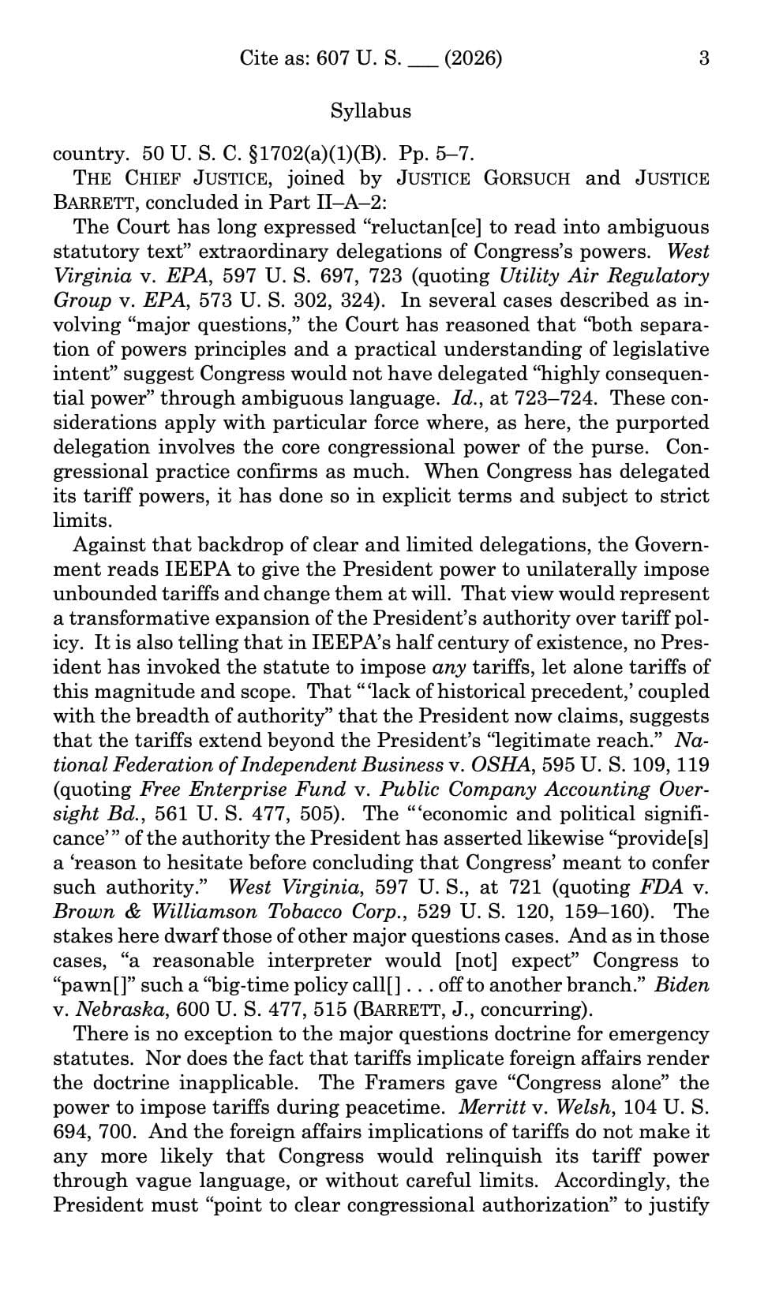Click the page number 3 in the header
coord(704,58)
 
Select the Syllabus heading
coord(371,110)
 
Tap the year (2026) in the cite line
coord(473,58)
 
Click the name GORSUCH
coord(526,178)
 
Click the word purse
coord(629,447)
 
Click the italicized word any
coord(450,667)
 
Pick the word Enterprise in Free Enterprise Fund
coord(243,790)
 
